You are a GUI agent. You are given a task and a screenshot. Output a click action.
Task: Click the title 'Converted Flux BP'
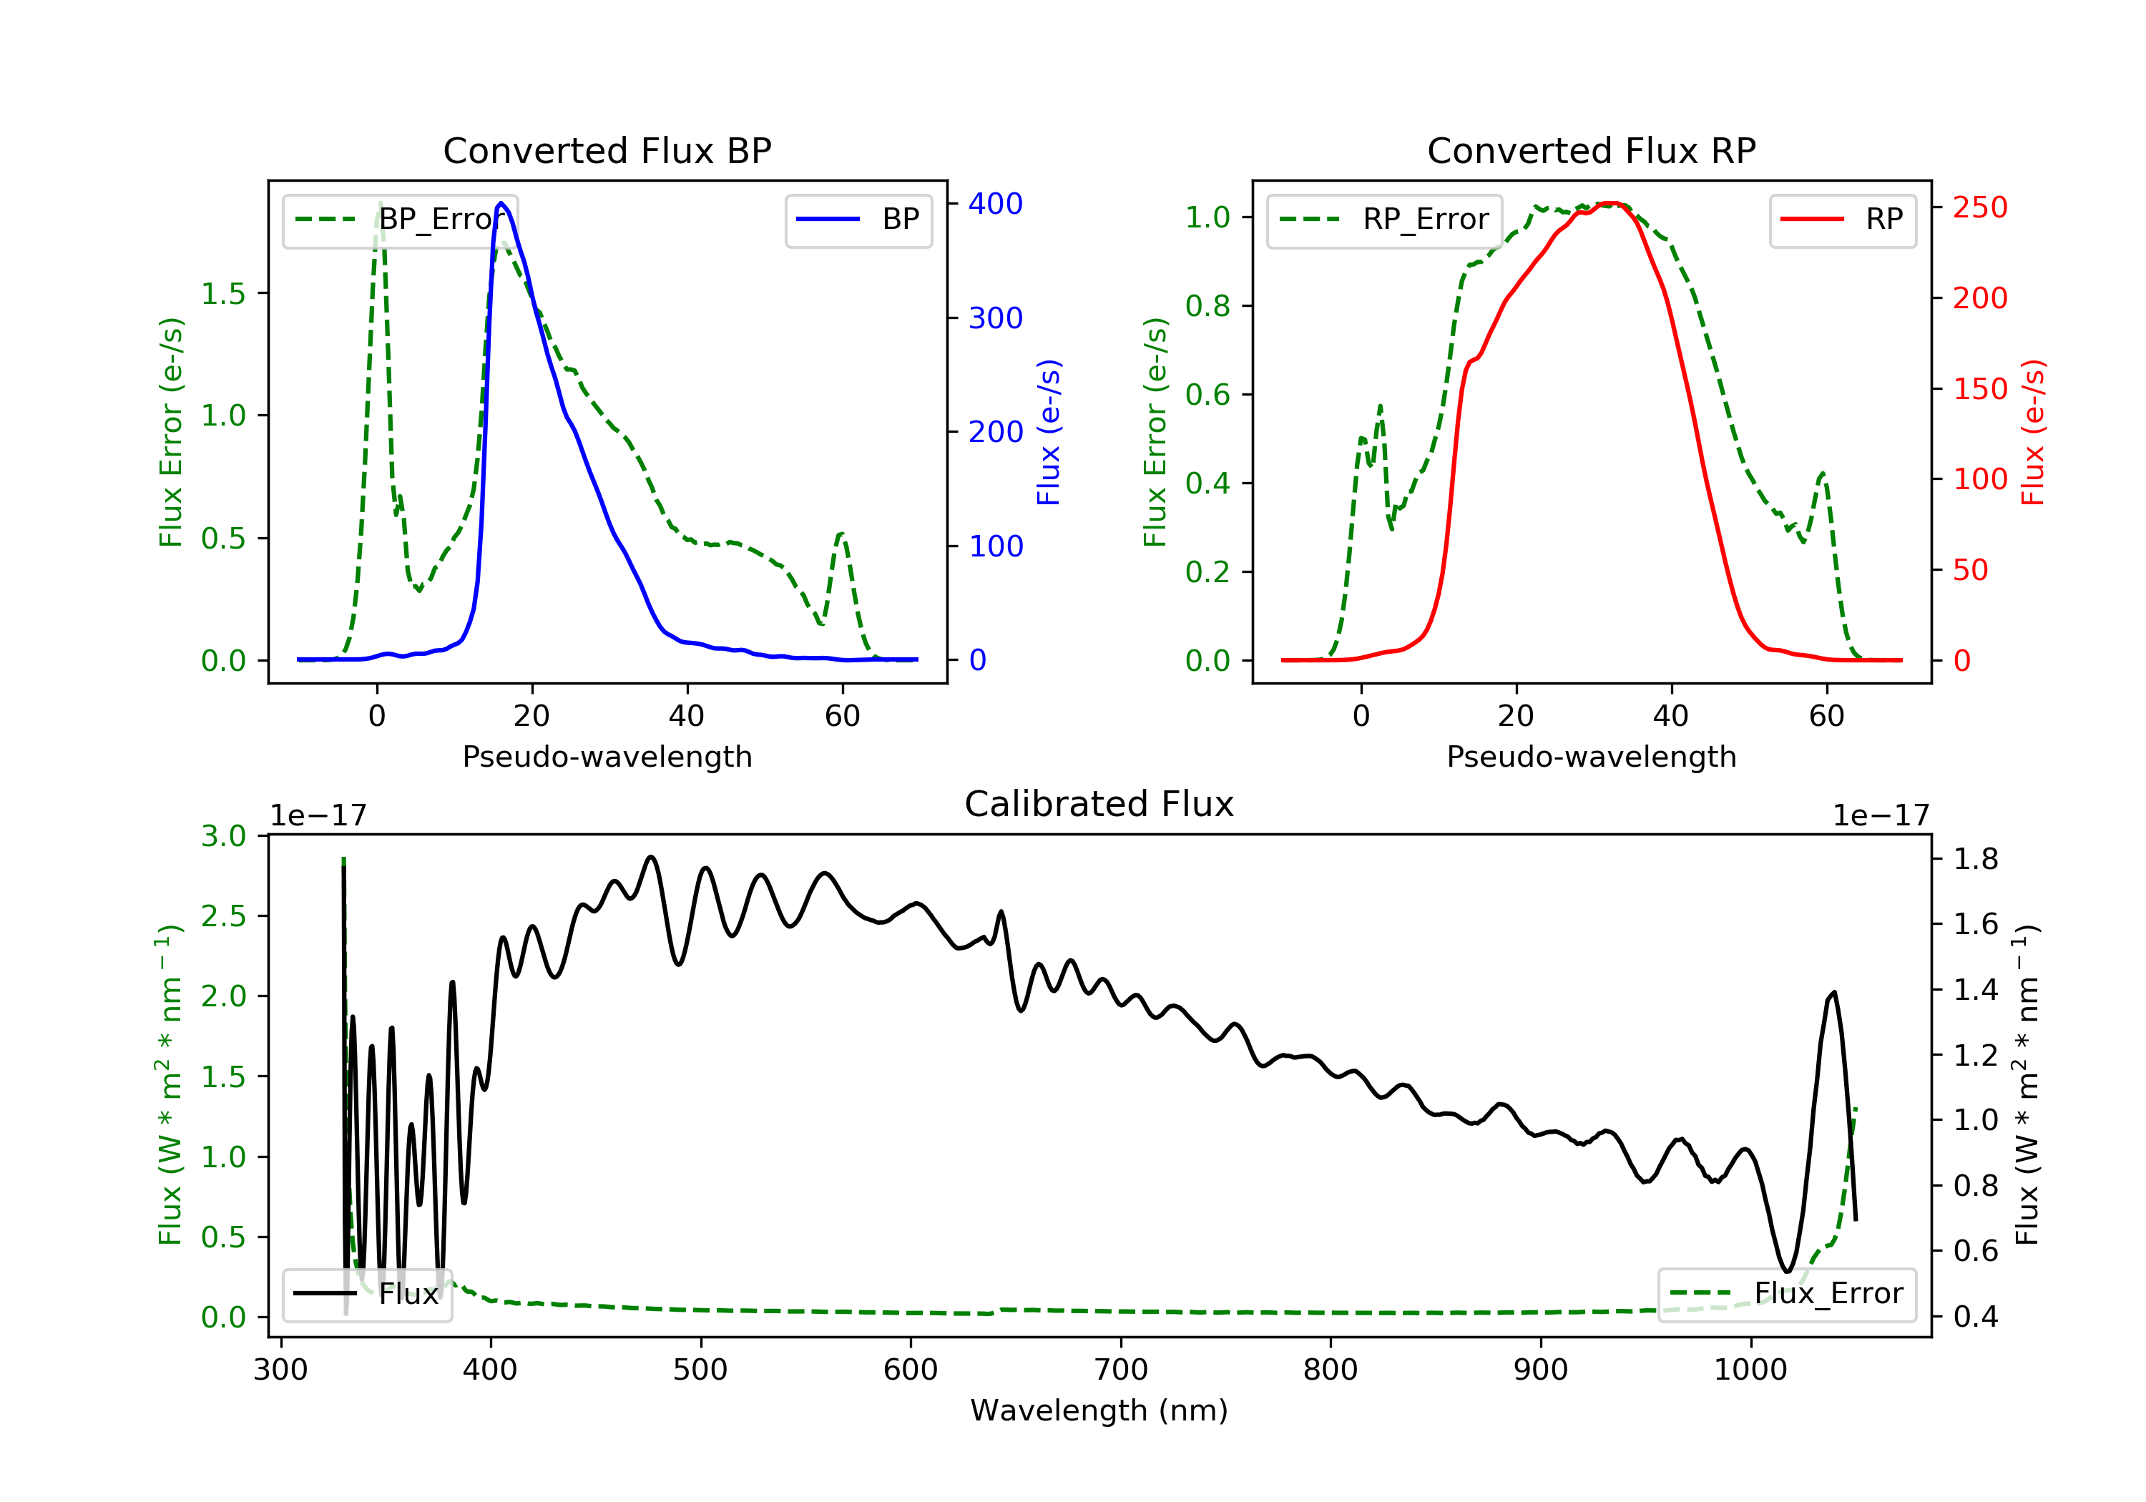(607, 150)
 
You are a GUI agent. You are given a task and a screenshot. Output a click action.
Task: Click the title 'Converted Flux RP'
(1591, 150)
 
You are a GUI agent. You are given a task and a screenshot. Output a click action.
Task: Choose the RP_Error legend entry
(1383, 220)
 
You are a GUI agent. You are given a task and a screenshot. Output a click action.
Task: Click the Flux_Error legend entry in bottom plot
(1786, 1294)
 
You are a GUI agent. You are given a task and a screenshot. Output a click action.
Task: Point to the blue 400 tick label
(996, 204)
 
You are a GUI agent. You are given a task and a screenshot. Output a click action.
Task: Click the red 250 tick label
(1979, 207)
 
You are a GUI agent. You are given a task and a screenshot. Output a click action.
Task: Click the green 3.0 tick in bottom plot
(223, 835)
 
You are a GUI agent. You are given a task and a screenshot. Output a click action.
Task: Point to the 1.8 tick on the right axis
(1976, 858)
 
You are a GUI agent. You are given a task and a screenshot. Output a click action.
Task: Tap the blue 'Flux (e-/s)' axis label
(1049, 432)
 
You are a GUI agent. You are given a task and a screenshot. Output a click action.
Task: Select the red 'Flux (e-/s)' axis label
(2033, 432)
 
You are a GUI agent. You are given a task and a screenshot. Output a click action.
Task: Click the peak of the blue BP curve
(501, 203)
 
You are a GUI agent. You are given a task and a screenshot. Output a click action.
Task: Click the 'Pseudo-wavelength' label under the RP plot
(1591, 756)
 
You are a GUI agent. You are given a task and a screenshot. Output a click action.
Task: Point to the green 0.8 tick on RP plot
(1207, 305)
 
